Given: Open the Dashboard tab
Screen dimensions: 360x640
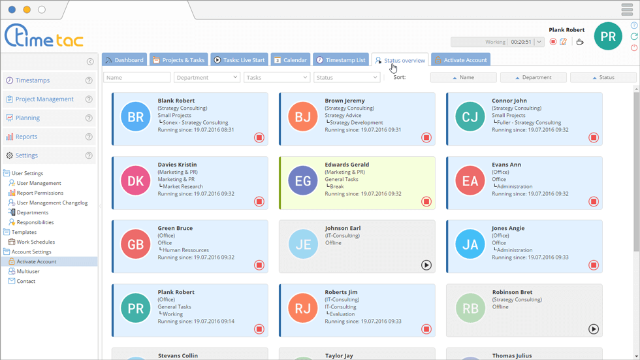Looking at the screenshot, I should (x=124, y=60).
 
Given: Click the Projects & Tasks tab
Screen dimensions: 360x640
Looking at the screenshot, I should (x=178, y=60).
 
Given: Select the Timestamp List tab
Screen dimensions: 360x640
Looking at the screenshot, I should (x=340, y=60).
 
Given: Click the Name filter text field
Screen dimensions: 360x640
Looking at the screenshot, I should (x=136, y=77).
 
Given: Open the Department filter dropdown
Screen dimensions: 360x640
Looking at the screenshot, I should (x=206, y=77).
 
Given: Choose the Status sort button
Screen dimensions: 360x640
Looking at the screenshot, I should (x=603, y=77).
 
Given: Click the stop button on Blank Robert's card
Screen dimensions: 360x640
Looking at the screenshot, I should (x=259, y=138).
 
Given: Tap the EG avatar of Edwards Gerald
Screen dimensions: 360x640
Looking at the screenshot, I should (x=302, y=182).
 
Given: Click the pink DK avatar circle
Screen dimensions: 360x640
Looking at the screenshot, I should (x=135, y=182).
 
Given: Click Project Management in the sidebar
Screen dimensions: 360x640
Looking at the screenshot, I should (x=44, y=99).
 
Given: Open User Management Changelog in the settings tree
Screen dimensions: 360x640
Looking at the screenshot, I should (x=52, y=203).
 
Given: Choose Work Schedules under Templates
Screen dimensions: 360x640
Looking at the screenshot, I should (x=35, y=242).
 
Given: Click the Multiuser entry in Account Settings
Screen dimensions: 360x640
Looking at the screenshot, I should (x=28, y=271).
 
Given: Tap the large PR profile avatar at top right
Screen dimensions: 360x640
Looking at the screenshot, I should (x=607, y=37).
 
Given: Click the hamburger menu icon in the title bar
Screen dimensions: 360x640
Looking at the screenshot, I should (x=627, y=10).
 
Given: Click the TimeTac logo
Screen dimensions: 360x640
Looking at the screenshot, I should (x=44, y=37).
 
